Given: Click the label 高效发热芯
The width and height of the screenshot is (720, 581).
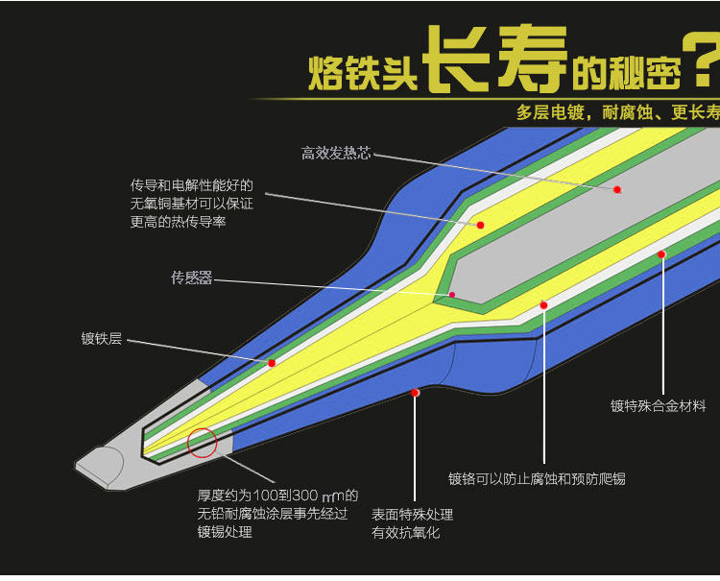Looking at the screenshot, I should [335, 154].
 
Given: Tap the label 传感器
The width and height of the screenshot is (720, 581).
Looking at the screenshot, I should [191, 278].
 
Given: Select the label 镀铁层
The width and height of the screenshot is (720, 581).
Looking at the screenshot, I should [101, 338].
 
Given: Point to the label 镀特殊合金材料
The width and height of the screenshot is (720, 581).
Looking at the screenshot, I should [658, 406].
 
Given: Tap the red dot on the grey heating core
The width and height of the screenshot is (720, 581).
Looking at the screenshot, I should [617, 189].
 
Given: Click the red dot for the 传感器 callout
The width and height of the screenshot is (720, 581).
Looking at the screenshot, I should [452, 295].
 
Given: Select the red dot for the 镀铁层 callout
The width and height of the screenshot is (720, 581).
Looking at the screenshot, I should [272, 363].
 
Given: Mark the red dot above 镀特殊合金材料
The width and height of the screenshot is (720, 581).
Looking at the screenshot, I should [661, 254].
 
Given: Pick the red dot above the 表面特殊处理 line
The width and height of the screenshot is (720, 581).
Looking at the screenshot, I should [415, 392].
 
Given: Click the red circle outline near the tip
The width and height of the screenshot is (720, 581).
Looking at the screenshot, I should [203, 443].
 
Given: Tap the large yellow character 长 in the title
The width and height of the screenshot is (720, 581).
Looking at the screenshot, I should [458, 60].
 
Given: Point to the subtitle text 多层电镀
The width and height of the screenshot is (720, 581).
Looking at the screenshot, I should [546, 112].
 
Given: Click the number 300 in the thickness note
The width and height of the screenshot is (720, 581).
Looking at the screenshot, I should [304, 496].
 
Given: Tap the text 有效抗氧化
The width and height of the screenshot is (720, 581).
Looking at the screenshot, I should [405, 532].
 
